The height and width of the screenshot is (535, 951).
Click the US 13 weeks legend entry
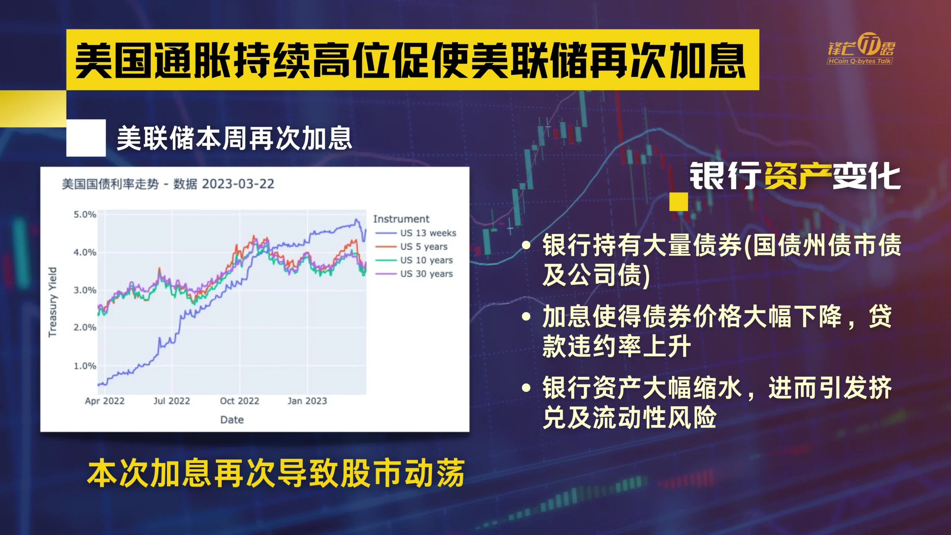pos(416,233)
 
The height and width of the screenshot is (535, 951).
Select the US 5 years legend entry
pos(412,247)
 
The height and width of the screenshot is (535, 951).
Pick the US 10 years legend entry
pos(414,260)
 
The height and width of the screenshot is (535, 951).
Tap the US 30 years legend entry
pos(414,274)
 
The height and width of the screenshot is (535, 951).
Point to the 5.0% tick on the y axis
pos(85,214)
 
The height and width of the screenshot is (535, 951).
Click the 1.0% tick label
pos(85,366)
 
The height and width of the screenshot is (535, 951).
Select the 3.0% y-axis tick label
pos(85,290)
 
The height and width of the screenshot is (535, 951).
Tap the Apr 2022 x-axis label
pos(105,401)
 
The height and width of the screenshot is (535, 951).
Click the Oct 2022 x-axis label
pos(240,401)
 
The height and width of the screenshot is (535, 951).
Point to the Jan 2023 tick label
pos(307,401)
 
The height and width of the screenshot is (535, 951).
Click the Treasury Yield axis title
pos(53,302)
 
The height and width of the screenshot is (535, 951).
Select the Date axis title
pos(232,420)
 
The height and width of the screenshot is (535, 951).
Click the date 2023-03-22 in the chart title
pos(238,184)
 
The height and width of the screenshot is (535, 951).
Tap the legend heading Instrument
pos(401,219)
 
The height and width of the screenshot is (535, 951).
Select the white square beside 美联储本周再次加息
pos(86,138)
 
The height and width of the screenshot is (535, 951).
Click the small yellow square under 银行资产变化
pos(679,202)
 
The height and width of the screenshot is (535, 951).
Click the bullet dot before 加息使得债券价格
pos(526,317)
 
